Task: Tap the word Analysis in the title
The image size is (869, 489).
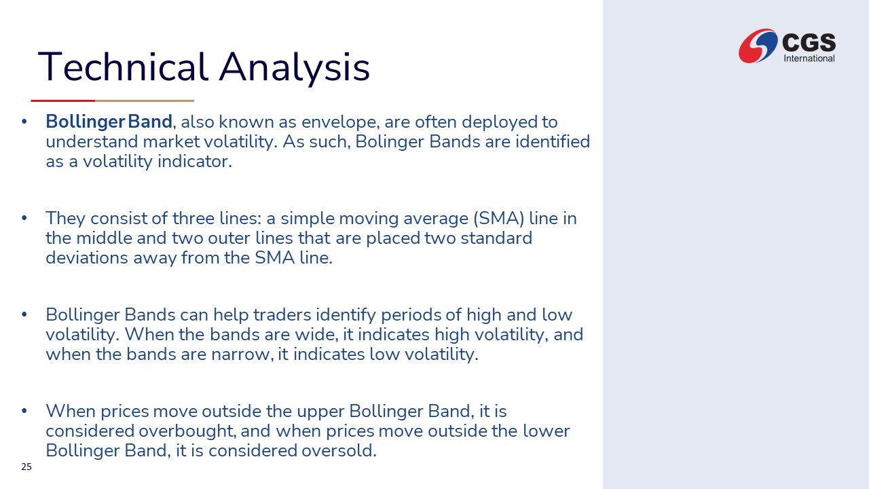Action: [295, 69]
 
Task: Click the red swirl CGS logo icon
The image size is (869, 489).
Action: [758, 46]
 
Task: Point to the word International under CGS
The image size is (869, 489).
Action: [809, 58]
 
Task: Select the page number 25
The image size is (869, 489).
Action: [26, 467]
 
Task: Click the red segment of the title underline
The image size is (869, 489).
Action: [63, 101]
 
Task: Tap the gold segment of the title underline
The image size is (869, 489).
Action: [145, 101]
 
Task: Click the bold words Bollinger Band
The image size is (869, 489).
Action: [109, 122]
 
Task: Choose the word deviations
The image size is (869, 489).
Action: [87, 257]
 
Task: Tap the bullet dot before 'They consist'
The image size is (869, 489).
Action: [24, 218]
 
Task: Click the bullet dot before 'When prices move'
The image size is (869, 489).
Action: [24, 411]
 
